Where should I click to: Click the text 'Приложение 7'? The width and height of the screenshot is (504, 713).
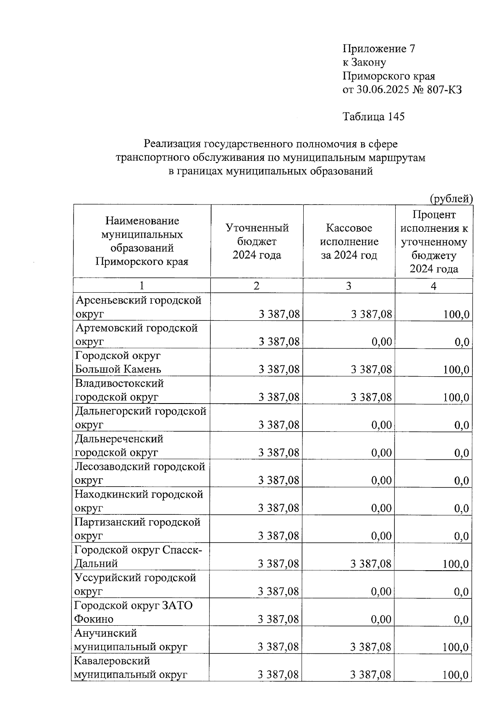coord(379,49)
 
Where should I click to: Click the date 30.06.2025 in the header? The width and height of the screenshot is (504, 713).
coord(382,89)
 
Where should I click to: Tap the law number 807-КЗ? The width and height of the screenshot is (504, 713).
coord(444,89)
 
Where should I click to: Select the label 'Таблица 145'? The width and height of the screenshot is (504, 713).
coord(373,116)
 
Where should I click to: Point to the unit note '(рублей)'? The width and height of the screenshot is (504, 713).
coord(451,199)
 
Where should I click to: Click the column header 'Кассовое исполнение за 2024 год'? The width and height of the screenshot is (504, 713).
coord(349,241)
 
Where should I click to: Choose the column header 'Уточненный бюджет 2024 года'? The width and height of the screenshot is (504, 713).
coord(257,241)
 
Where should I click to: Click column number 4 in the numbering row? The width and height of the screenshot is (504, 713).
coord(433,286)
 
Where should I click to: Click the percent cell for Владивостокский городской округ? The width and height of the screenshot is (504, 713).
coord(456,397)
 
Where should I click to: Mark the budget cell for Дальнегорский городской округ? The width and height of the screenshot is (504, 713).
coord(279,425)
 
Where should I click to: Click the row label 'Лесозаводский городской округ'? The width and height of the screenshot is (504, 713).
coord(139,473)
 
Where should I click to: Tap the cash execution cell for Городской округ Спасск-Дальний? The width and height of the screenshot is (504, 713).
coord(371,564)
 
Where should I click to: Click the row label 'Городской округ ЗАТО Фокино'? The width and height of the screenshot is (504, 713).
coord(133,612)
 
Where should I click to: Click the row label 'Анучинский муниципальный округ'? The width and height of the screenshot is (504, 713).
coord(131,640)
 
